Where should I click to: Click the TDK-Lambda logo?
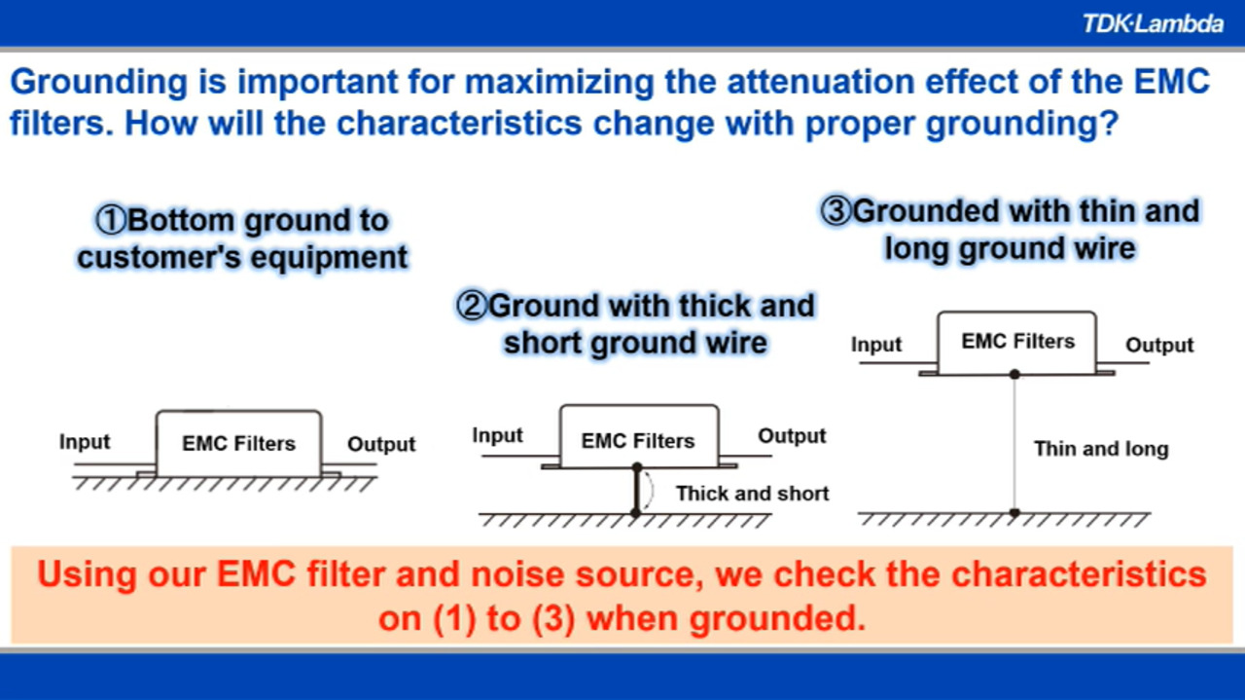pos(1153,24)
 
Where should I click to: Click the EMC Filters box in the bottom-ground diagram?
pos(239,444)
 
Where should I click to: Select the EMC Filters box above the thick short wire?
pos(639,436)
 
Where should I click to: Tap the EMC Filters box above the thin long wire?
pos(1017,343)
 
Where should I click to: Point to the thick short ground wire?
pos(637,490)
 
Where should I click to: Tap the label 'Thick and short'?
pos(752,494)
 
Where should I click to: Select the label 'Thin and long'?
pos(1101,449)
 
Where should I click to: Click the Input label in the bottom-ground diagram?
pos(85,442)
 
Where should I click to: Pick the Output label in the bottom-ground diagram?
pos(381,444)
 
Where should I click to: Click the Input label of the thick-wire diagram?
pos(497,436)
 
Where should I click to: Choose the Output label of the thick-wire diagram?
pos(792,436)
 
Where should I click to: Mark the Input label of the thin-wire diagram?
pos(876,345)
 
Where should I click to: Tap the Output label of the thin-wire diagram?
pos(1160,345)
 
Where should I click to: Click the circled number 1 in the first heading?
pos(111,220)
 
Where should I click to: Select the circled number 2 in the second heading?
pos(472,306)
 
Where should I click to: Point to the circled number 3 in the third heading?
pos(836,211)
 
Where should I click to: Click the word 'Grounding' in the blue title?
pos(99,83)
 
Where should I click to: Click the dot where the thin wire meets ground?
pos(1014,512)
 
